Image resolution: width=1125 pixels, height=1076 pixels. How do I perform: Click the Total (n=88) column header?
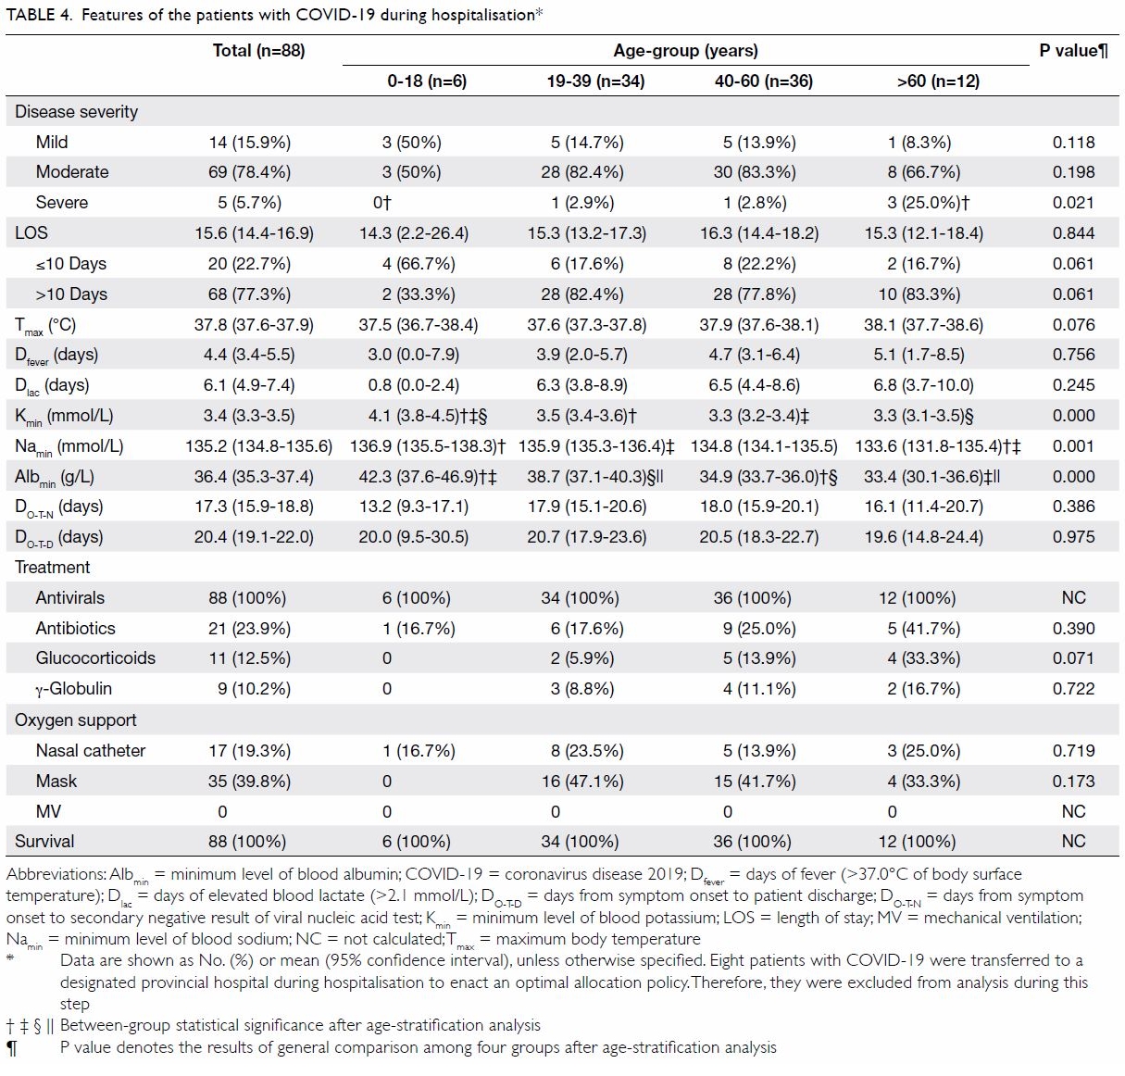tap(258, 51)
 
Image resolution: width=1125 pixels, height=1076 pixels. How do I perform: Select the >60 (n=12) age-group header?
tap(938, 81)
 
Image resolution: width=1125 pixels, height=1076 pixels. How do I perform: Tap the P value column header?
tap(1073, 51)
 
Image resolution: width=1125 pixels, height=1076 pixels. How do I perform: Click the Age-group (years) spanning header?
tap(685, 51)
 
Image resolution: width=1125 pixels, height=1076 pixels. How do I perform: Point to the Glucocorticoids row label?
tap(95, 658)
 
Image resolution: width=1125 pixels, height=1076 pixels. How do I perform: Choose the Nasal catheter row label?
tap(90, 750)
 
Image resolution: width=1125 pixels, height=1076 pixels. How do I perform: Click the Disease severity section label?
tap(76, 112)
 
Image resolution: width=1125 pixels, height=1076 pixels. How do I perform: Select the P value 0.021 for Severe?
tap(1073, 203)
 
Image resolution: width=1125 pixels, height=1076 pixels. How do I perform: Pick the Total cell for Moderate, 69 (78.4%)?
tap(250, 171)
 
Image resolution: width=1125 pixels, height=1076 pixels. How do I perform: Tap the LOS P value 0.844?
tap(1073, 233)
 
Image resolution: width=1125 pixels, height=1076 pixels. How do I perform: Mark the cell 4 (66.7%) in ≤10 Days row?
tap(419, 264)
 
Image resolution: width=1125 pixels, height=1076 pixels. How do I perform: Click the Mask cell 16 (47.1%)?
tap(582, 782)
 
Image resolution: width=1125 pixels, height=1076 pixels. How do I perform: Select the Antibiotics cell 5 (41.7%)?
tap(924, 629)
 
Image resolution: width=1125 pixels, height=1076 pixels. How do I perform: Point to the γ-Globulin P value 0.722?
tap(1073, 689)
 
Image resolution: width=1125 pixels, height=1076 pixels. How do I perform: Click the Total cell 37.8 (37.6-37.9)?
tap(254, 324)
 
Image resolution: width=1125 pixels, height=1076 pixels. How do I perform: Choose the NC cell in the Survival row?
tap(1073, 841)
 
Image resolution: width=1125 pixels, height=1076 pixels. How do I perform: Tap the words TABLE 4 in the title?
tap(39, 15)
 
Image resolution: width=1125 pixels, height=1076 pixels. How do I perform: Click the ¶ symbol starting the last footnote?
tap(11, 1048)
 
